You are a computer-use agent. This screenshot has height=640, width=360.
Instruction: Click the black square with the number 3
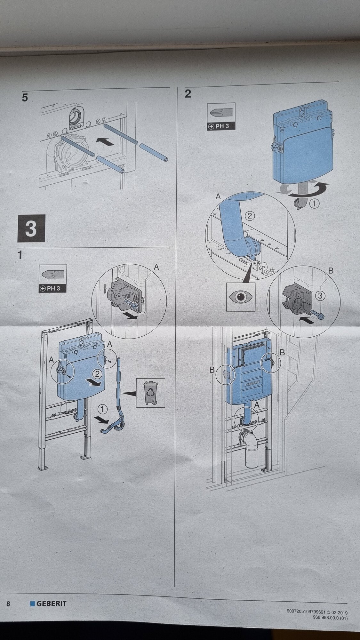(x=31, y=228)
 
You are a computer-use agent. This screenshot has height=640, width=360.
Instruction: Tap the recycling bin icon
(x=150, y=393)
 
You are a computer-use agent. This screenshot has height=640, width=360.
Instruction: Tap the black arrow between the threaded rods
(x=105, y=141)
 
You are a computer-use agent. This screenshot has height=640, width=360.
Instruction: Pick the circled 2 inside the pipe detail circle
(x=250, y=216)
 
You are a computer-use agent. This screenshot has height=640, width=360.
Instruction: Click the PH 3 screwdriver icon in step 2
(x=221, y=116)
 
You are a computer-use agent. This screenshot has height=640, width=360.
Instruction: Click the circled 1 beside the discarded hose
(x=102, y=408)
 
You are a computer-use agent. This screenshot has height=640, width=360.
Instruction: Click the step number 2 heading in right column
(x=188, y=94)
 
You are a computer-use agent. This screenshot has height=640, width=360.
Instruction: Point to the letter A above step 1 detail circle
(x=156, y=267)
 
